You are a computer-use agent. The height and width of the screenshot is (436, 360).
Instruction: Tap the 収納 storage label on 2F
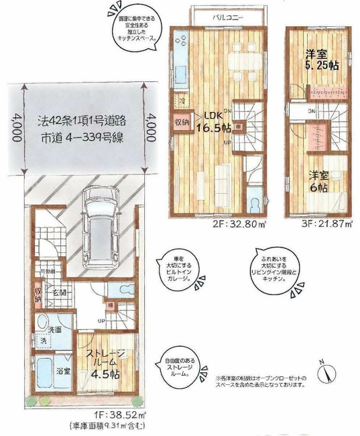[182, 123]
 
